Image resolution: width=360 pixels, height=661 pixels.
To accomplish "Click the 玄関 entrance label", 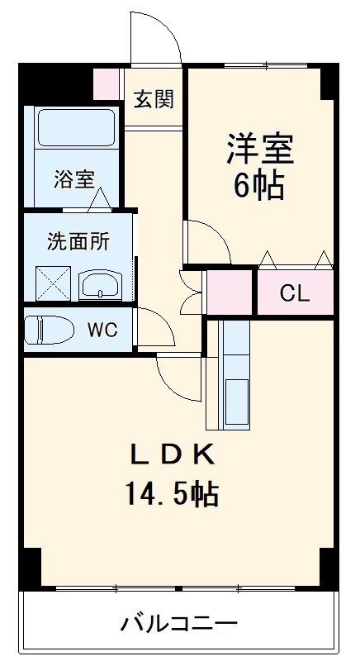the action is coord(154,99).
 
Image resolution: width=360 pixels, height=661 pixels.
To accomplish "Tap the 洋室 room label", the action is coord(260,149).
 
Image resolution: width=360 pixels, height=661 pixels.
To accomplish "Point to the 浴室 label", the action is coord(74,179).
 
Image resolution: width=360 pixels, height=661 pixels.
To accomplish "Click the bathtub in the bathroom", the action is coord(77,127).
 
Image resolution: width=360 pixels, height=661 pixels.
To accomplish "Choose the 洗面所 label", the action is coord(78,241).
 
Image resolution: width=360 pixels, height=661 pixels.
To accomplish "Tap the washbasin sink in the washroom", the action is coord(100,284).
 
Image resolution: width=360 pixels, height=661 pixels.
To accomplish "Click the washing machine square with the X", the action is coord(53,283).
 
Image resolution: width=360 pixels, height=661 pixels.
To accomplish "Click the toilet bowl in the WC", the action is coord(49,330).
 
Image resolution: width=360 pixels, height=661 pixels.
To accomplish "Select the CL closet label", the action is coord(295,294).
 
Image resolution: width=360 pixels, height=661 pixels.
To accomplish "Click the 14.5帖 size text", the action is coord(172,494).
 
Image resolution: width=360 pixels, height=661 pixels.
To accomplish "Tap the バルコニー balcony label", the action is coord(179,623).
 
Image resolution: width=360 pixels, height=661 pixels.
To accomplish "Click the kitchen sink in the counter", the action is coord(237,401).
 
